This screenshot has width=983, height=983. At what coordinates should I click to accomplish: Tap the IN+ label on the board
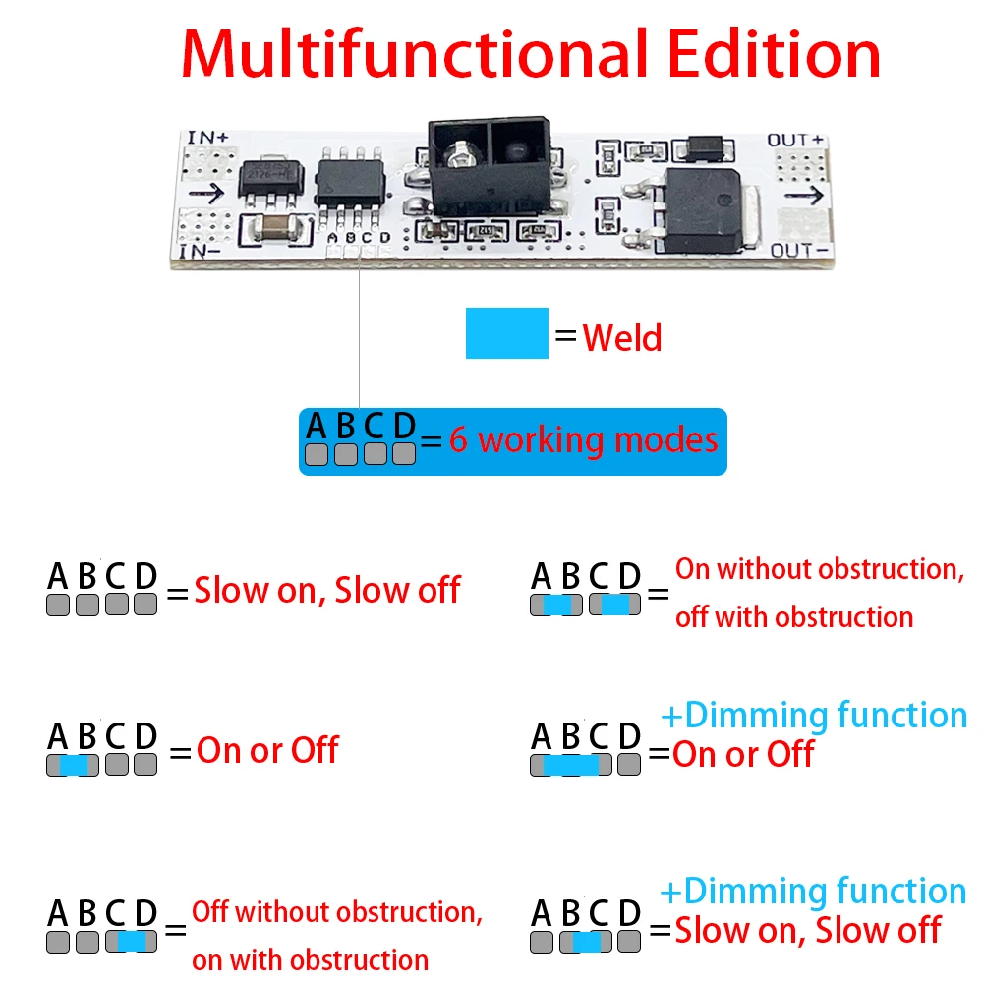click(206, 138)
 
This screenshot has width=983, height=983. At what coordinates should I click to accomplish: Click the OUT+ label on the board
click(794, 140)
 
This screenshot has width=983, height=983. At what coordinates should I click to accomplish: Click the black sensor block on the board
click(485, 168)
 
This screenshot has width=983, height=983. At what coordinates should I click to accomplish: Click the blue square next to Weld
click(506, 332)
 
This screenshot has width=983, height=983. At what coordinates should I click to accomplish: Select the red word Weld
click(622, 338)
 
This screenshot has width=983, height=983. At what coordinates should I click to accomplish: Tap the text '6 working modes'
click(583, 439)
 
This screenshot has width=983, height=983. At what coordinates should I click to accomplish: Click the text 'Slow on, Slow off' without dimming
click(327, 591)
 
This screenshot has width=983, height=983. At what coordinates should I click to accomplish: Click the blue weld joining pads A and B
click(73, 765)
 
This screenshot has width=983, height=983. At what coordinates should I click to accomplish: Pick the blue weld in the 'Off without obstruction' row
click(132, 941)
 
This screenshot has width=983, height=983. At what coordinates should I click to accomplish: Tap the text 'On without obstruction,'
click(818, 569)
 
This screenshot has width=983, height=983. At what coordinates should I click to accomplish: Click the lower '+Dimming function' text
click(813, 892)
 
